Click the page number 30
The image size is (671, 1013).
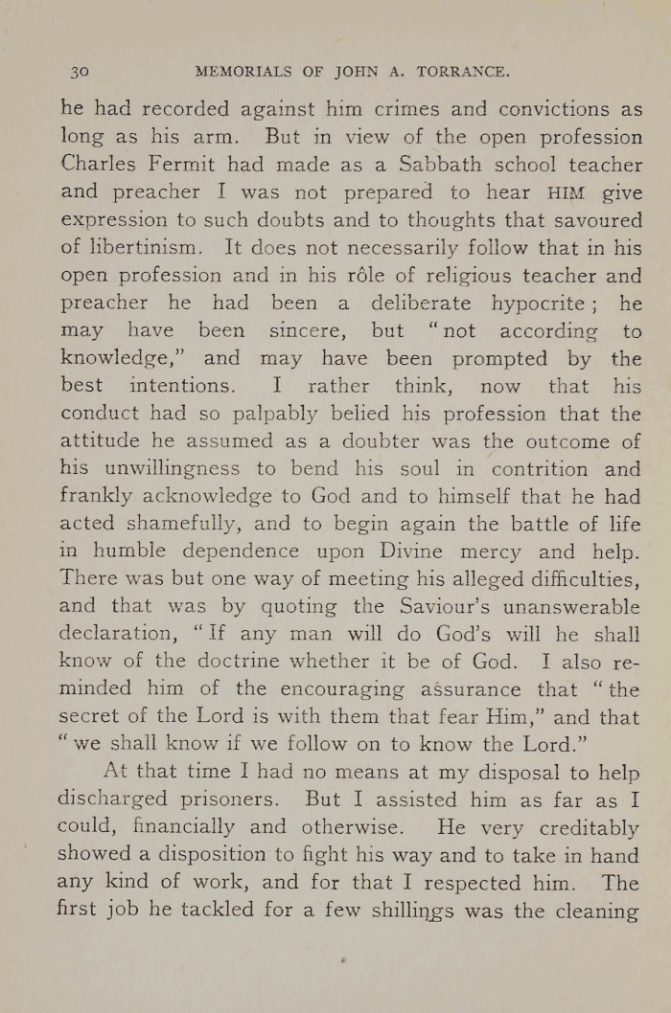(x=80, y=71)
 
